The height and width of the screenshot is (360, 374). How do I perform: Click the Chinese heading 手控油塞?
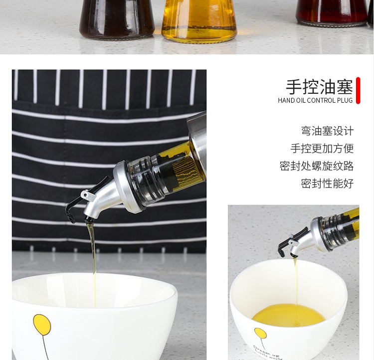[x=319, y=87]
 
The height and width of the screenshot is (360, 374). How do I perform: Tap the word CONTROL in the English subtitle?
[x=322, y=100]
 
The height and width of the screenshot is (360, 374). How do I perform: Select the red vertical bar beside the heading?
[x=358, y=90]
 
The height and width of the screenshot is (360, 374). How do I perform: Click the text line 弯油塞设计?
[x=327, y=131]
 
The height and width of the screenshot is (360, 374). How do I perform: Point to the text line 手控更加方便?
[x=322, y=149]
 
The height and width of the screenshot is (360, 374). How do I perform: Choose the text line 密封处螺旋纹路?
[x=317, y=166]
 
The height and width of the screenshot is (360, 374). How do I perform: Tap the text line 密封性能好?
[x=327, y=183]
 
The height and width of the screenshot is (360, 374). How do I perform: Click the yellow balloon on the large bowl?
[x=42, y=325]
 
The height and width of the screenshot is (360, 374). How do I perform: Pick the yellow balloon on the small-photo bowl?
[x=260, y=333]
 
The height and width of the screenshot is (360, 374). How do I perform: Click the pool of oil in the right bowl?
[x=289, y=315]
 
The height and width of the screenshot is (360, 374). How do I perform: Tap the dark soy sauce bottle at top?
[x=117, y=19]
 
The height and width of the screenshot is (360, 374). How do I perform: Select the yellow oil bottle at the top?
[x=199, y=21]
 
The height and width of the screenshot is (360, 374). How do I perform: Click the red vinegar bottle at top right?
[x=332, y=13]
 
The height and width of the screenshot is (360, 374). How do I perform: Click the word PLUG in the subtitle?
[x=345, y=100]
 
